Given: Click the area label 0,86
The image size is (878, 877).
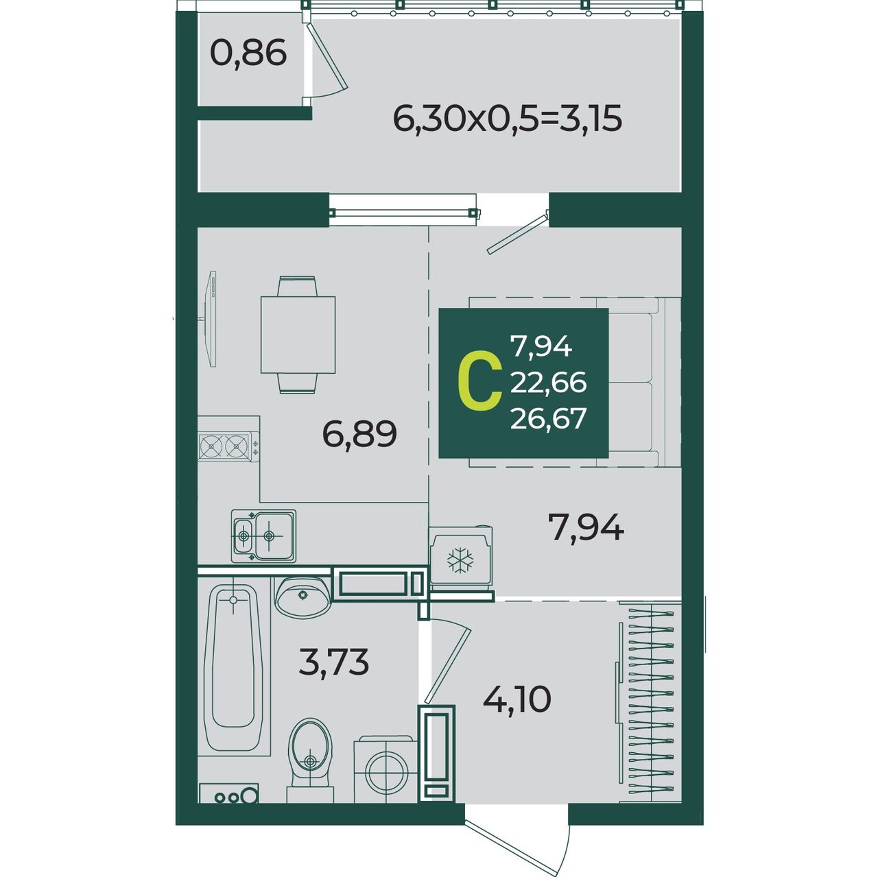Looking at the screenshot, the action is point(248,53).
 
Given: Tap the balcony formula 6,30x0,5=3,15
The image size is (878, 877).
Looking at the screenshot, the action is point(507,119).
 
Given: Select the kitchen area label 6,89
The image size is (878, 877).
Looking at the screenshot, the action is point(359,435).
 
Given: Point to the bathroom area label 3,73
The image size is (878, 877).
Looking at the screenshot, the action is point(333,662).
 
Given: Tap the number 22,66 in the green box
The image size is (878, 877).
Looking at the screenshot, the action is point(548,383).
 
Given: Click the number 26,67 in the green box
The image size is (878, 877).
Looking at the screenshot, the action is point(548,418).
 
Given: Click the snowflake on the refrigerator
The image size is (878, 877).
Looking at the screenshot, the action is point(460,560).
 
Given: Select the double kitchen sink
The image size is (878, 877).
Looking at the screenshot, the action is point(263,536).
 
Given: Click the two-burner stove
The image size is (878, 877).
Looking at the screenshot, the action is point(228,446).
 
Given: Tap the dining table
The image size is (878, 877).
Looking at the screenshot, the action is point(298,335).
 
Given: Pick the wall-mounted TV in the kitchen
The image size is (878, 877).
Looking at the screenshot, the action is point(210,318).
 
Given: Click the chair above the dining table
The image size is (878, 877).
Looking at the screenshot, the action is point(298,286).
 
